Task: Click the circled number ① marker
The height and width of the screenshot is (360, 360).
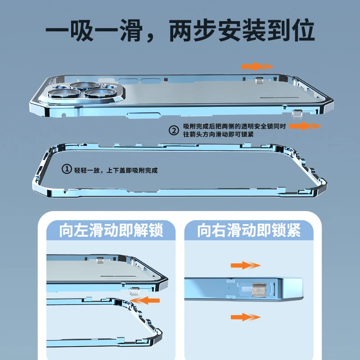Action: click(67, 169)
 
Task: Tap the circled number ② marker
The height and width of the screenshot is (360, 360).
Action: click(174, 130)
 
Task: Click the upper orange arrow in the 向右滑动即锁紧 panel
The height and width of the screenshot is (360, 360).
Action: click(245, 265)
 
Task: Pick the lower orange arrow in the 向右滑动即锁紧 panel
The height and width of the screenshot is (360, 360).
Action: click(245, 317)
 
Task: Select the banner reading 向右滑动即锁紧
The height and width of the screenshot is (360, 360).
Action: click(249, 231)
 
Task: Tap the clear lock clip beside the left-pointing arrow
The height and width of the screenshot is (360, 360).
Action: click(133, 292)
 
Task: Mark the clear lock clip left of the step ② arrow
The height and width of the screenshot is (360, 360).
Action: click(296, 114)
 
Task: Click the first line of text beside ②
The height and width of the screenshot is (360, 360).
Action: click(234, 127)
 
